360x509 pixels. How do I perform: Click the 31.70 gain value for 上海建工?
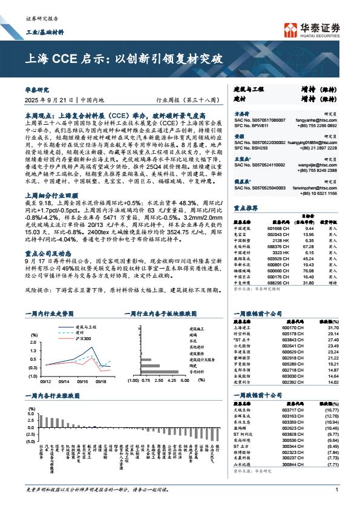coord(332,327)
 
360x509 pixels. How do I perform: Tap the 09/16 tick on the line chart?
coord(82,381)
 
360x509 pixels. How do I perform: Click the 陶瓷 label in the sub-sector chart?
coord(193,366)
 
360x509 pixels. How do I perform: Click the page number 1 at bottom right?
coord(336,490)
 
